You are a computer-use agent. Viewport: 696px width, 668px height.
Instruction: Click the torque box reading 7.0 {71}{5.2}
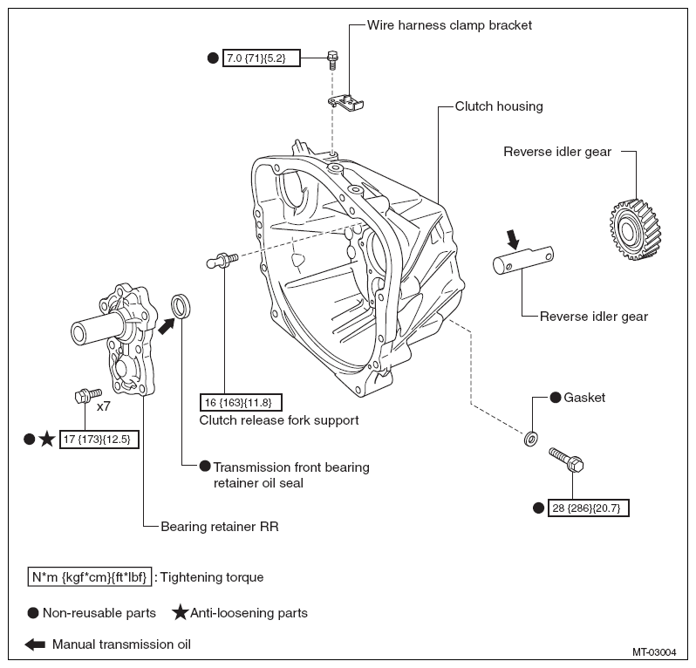[x=261, y=58]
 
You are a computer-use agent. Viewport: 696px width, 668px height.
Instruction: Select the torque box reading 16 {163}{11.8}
[x=241, y=402]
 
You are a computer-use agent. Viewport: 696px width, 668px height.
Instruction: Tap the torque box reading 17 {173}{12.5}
[x=99, y=440]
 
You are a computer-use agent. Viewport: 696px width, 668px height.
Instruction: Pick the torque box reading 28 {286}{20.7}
[x=588, y=508]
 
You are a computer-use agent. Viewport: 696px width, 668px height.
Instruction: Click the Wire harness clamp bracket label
[x=449, y=25]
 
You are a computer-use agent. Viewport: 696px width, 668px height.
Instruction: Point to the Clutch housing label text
[x=499, y=106]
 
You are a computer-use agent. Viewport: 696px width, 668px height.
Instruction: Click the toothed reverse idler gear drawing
[x=635, y=229]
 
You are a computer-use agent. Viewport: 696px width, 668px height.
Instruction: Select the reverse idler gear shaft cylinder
[x=523, y=260]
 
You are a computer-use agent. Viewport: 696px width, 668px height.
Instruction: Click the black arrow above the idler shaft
[x=513, y=239]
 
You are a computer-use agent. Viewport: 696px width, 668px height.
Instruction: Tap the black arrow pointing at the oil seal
[x=167, y=326]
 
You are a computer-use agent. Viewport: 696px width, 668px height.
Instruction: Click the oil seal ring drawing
[x=181, y=306]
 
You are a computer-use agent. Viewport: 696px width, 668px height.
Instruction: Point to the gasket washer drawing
[x=531, y=439]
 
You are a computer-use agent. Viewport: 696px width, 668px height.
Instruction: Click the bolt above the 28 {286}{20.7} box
[x=566, y=460]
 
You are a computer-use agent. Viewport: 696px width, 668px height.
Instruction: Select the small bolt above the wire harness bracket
[x=332, y=60]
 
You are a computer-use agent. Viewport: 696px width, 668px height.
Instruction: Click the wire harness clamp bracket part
[x=345, y=103]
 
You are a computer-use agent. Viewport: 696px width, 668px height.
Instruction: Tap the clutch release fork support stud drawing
[x=222, y=260]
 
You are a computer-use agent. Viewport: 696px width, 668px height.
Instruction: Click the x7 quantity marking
[x=104, y=406]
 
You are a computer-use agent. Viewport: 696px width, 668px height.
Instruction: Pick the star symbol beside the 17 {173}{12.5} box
[x=46, y=440]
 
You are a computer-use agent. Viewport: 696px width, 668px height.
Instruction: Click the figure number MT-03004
[x=654, y=652]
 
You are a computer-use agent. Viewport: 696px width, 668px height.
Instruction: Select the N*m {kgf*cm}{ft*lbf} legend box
[x=90, y=577]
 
